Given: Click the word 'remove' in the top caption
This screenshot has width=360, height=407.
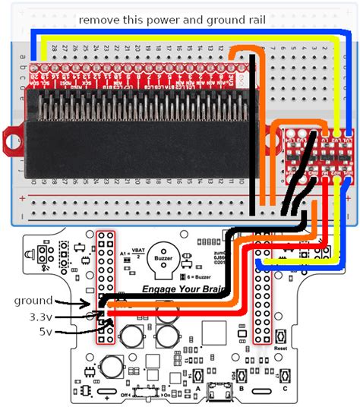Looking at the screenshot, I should [98, 19].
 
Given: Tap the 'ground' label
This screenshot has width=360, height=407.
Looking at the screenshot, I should [33, 301].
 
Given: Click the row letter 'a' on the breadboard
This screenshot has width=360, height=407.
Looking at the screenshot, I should [25, 55].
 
